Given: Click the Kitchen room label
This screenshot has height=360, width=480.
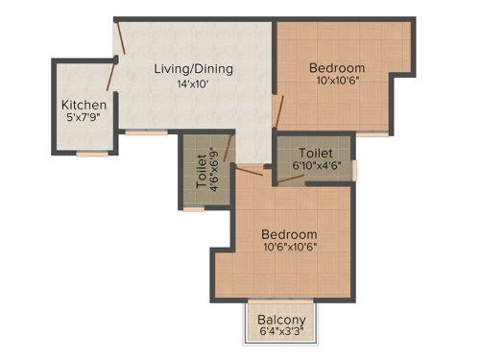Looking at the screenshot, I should (x=84, y=105).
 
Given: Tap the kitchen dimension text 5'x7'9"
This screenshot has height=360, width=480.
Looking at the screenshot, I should (x=84, y=118).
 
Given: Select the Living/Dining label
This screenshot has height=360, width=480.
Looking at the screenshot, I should (x=195, y=69).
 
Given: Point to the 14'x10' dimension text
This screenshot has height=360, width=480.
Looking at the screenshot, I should (x=192, y=84).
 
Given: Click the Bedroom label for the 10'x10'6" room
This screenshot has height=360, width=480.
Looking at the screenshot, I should (x=336, y=68).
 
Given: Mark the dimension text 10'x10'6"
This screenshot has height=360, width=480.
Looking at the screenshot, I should (x=336, y=82).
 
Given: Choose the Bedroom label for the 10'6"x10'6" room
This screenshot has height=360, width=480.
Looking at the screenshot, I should (x=289, y=234).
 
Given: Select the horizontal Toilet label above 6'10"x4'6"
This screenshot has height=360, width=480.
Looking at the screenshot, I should (x=315, y=153).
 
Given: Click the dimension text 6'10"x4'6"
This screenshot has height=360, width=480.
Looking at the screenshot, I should (x=315, y=165).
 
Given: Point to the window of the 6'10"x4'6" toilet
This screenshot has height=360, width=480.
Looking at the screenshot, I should (x=354, y=171).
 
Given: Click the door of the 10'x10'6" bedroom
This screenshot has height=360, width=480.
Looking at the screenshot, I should (x=276, y=109).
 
